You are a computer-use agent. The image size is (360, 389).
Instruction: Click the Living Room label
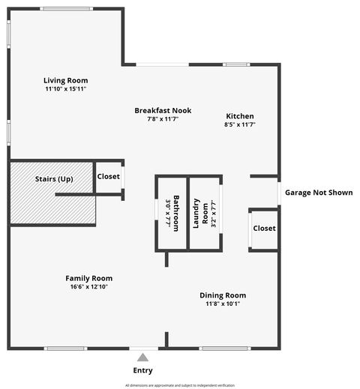65,80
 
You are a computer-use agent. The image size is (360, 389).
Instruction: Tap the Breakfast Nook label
163,110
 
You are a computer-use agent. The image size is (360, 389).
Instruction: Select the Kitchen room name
240,116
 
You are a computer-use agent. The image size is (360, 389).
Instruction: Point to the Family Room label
88,278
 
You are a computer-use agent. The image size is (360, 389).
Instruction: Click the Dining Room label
222,295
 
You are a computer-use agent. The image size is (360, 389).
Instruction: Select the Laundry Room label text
198,213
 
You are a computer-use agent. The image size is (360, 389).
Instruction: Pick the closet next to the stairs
108,177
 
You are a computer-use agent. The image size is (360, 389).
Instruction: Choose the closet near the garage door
263,228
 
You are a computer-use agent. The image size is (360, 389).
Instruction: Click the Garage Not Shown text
318,193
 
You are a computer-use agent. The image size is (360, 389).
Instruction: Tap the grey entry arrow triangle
142,358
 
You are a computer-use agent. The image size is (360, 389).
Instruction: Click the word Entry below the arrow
142,370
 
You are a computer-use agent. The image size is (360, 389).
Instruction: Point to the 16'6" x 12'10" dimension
88,286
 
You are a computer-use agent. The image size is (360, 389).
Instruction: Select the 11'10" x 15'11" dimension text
65,89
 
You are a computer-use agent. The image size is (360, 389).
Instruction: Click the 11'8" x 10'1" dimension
222,304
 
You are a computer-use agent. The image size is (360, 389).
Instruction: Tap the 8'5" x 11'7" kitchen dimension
240,125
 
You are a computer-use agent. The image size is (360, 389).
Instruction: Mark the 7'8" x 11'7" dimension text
163,119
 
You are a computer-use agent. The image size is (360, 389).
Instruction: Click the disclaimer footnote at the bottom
180,385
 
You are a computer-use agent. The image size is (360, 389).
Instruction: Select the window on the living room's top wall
67,8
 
